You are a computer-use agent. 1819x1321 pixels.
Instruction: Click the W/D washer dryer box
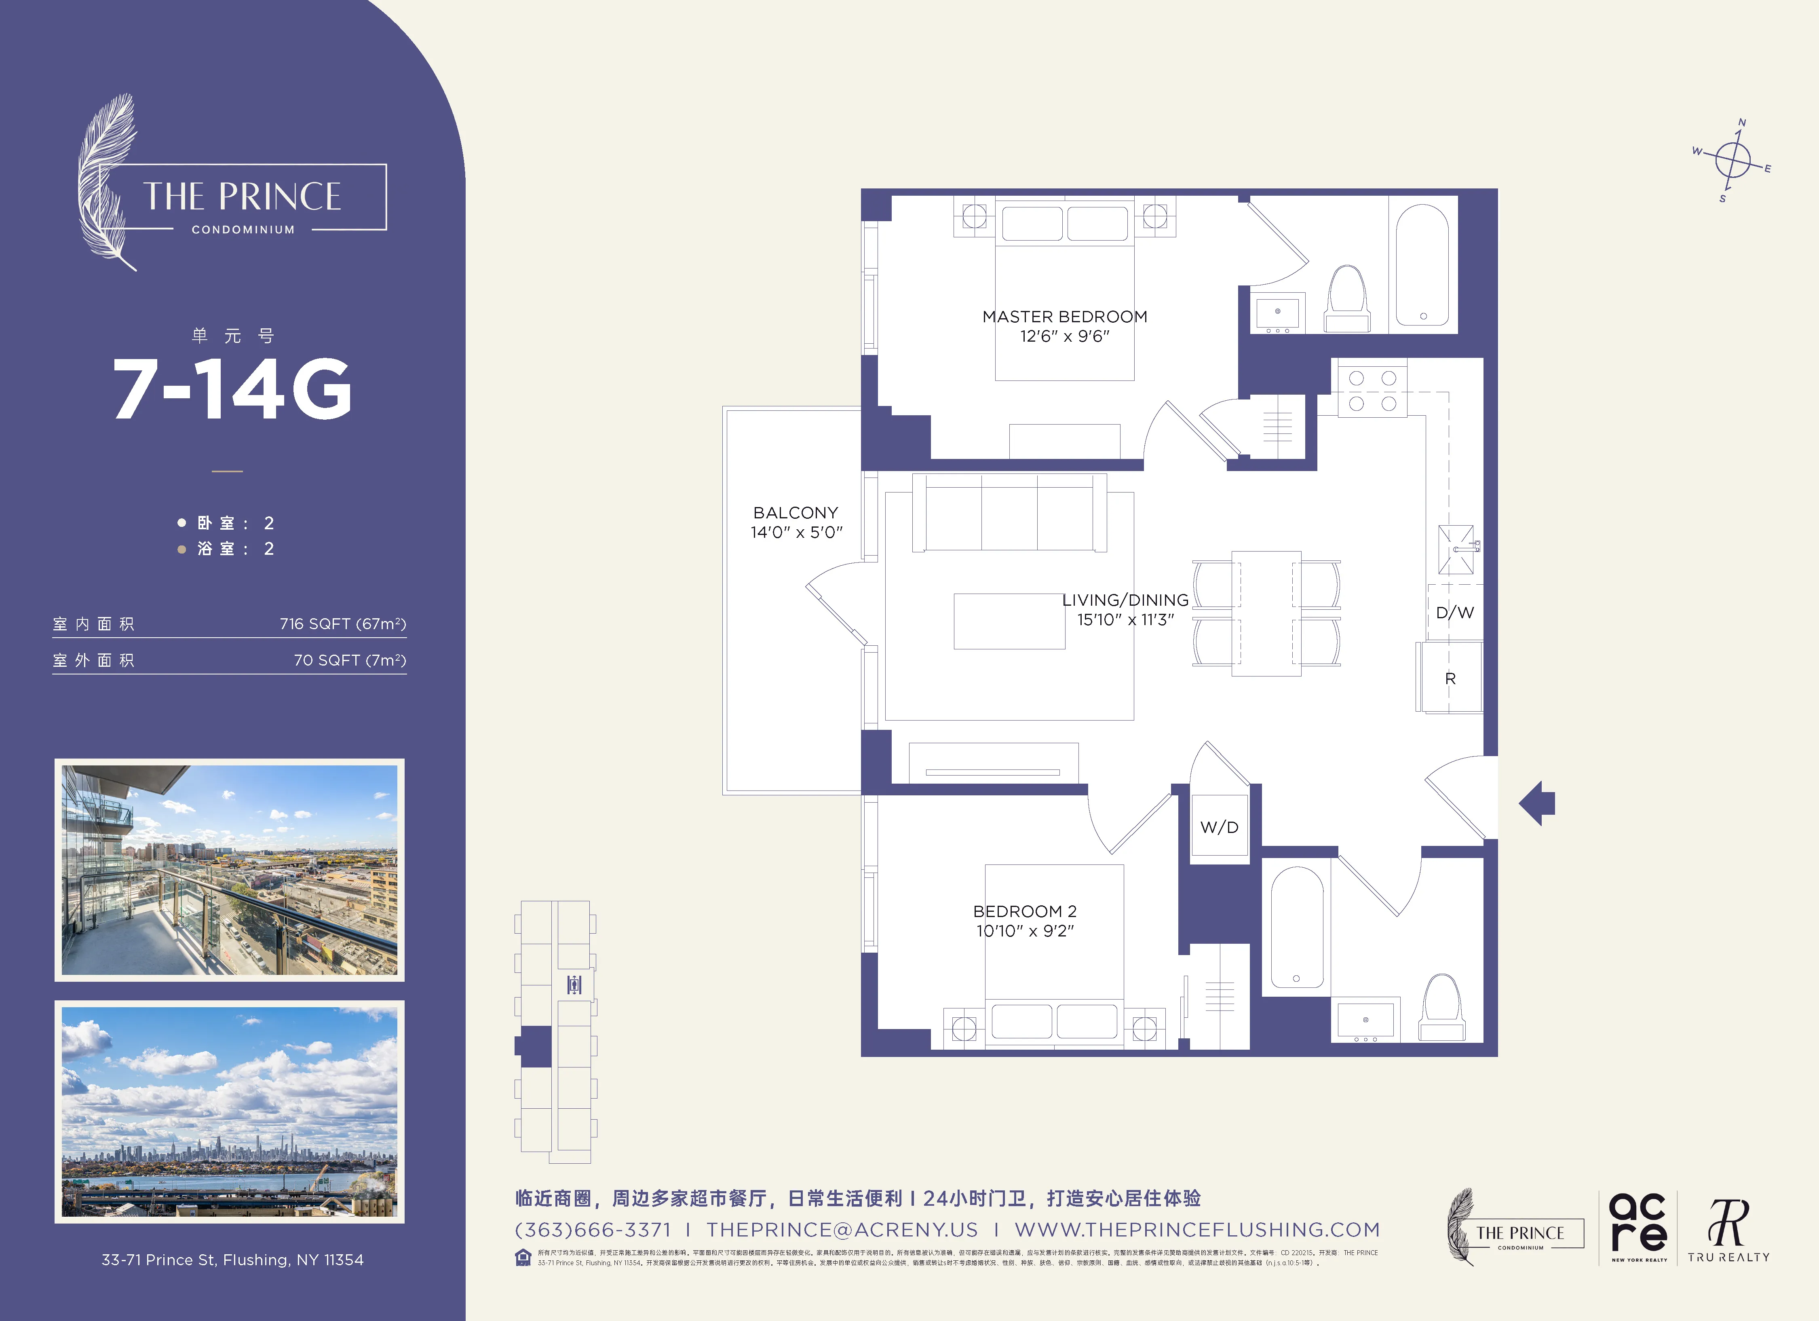click(x=1219, y=828)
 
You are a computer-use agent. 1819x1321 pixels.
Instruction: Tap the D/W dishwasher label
click(x=1454, y=613)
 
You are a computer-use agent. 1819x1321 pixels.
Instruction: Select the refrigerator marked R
click(x=1449, y=678)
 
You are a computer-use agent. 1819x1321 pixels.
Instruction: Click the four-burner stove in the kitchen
click(x=1372, y=391)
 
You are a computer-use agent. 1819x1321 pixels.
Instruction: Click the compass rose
click(x=1732, y=161)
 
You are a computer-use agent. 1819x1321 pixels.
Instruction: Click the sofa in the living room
click(x=1009, y=514)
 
